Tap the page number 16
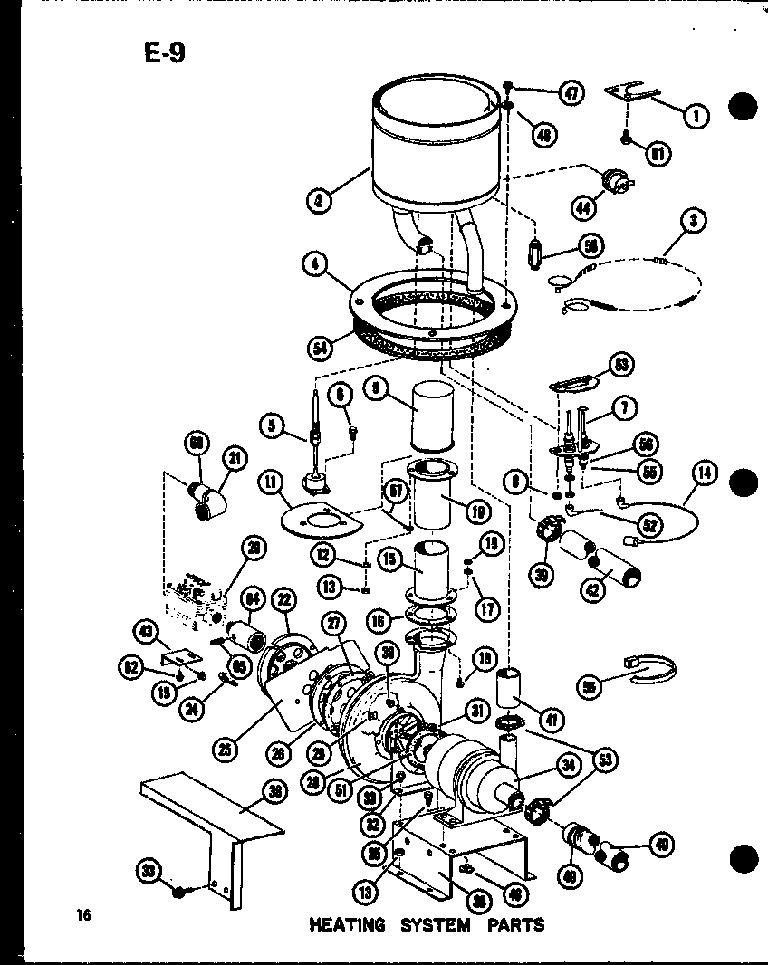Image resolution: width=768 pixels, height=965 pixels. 84,915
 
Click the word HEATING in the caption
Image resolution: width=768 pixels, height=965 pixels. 347,925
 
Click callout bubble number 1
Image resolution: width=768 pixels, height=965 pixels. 696,116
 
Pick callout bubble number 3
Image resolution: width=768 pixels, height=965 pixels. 694,220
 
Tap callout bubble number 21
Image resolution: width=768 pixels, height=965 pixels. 237,460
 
